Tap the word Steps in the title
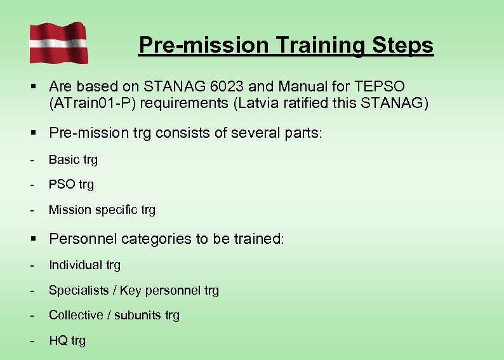402,45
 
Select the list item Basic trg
73,160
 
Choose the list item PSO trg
71,185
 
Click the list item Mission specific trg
102,210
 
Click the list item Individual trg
84,265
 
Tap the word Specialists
77,291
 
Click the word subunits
137,316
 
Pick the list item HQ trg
67,341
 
